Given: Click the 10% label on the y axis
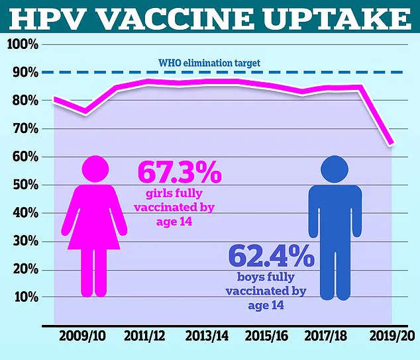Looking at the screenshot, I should click(24, 296).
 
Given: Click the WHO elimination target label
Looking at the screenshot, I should click(209, 64).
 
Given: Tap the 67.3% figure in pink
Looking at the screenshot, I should click(179, 173).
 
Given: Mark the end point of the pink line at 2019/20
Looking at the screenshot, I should click(392, 144).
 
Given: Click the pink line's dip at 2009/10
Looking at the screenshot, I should click(85, 113).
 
